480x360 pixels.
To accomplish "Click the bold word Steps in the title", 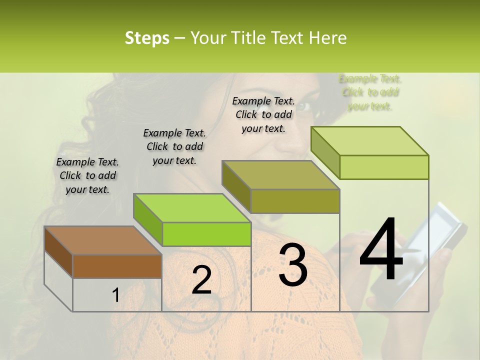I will click(x=147, y=38).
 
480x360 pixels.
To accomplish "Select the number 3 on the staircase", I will click(x=293, y=265).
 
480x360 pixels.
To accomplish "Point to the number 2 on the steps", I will click(x=201, y=280).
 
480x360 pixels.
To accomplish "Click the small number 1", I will click(x=115, y=295).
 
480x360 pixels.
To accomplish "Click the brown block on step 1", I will click(x=117, y=266).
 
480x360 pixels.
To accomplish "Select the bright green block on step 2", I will click(x=206, y=234).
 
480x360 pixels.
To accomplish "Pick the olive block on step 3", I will click(x=295, y=201).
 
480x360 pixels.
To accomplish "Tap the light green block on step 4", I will click(x=384, y=167).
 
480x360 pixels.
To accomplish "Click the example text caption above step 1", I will click(x=87, y=175).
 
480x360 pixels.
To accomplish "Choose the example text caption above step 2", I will click(x=174, y=146).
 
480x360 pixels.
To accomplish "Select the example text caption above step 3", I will click(x=263, y=114).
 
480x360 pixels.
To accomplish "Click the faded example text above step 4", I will click(x=370, y=92).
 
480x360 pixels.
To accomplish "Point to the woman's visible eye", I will click(x=306, y=106).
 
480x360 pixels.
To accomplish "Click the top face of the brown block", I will click(x=102, y=240).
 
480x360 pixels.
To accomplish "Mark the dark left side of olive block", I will click(x=236, y=186).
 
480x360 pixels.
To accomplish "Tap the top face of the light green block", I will click(x=370, y=140).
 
